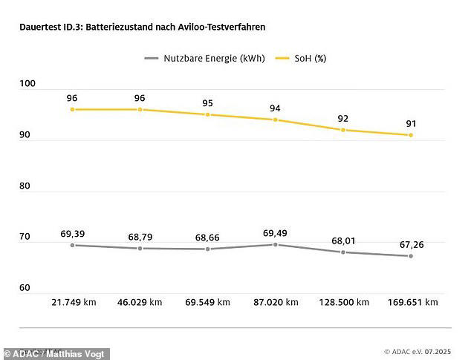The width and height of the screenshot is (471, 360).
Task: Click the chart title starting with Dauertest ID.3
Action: [x=142, y=27]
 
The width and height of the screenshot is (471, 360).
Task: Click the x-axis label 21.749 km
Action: [x=73, y=302]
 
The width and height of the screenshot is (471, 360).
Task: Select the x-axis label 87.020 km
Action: [x=275, y=302]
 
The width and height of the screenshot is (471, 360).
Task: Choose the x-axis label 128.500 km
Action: [x=343, y=302]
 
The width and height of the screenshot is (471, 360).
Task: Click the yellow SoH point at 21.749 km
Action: [x=73, y=109]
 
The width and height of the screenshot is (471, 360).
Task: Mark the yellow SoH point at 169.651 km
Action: [x=410, y=135]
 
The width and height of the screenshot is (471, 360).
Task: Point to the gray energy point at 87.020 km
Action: [x=276, y=244]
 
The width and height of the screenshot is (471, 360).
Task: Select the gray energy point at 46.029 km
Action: [x=140, y=248]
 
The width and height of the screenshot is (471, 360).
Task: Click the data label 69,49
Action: [x=275, y=233]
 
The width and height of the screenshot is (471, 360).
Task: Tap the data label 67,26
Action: [x=410, y=244]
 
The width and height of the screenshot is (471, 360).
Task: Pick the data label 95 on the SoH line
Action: [x=208, y=103]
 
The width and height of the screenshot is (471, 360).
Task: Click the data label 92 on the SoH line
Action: [x=343, y=118]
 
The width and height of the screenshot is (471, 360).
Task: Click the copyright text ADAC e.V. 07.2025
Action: [x=418, y=351]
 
